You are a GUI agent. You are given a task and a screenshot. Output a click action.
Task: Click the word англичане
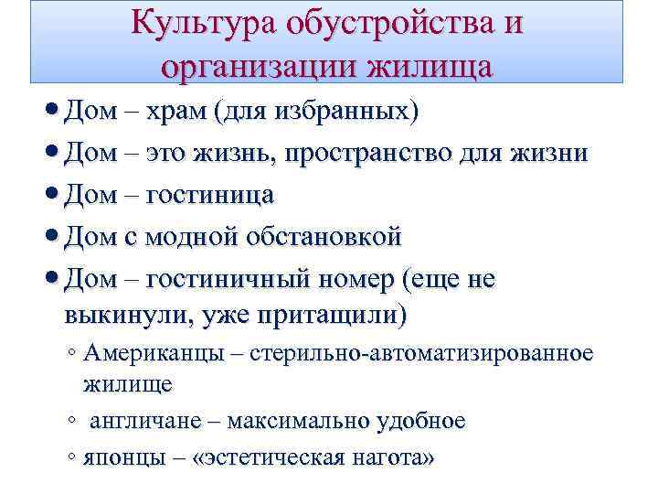[143, 421]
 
